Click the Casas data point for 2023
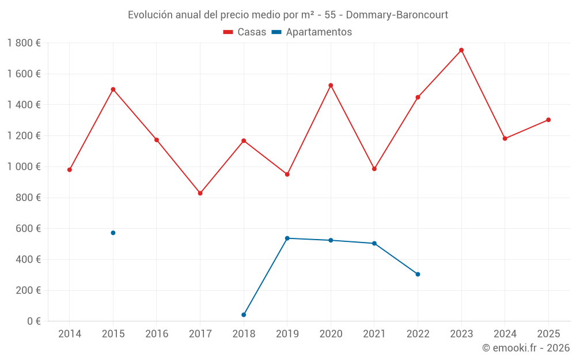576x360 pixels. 461,50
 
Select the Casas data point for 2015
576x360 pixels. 113,89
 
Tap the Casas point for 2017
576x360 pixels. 200,193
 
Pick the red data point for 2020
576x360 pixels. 331,85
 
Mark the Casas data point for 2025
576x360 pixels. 548,120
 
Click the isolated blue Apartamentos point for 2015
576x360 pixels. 113,233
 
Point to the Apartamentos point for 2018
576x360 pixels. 244,314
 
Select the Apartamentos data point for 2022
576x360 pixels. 418,274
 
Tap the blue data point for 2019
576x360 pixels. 287,238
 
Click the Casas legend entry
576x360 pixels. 245,32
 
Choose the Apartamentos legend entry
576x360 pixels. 312,32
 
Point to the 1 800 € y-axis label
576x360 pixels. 24,43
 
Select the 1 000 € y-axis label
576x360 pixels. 24,166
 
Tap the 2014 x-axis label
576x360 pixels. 70,334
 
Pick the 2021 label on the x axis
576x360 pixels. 374,334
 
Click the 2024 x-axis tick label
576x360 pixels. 505,334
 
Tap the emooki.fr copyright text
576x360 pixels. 525,348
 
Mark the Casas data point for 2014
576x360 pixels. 70,170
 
